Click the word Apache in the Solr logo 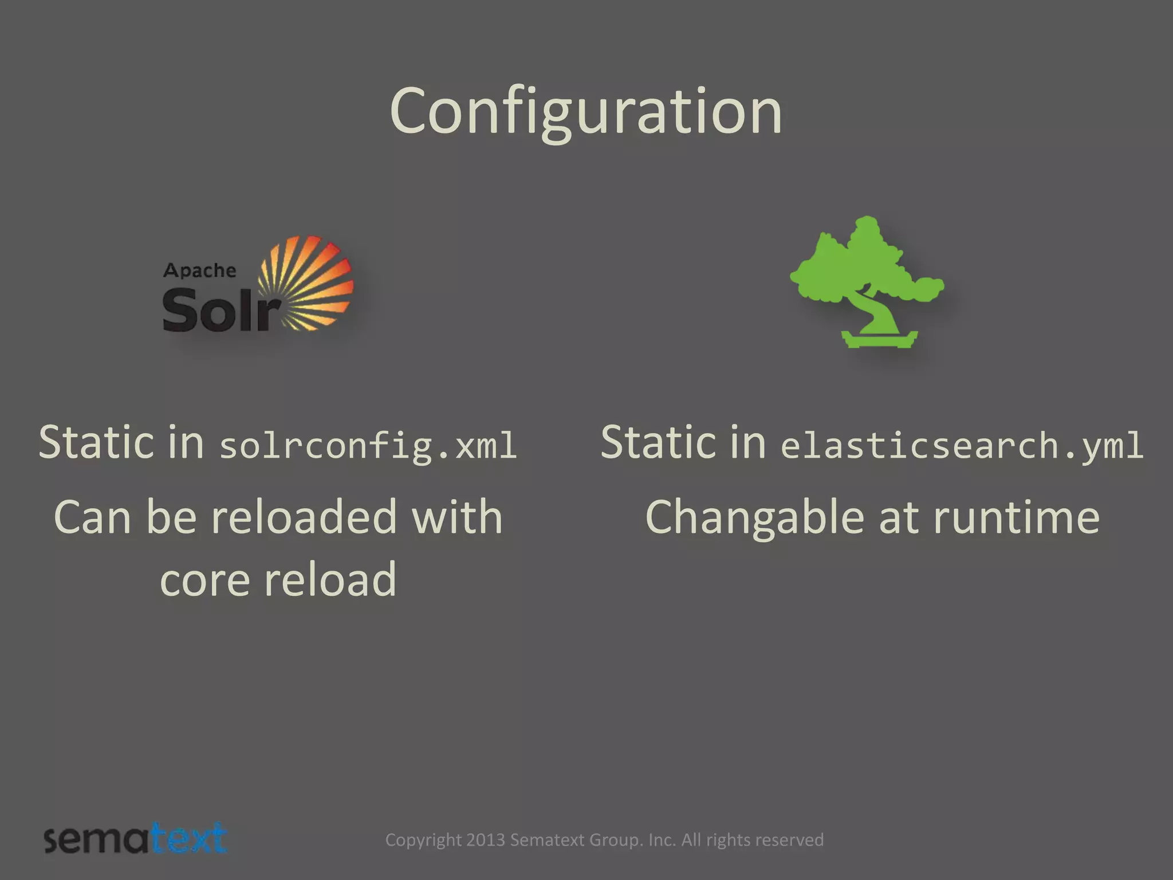[x=199, y=270]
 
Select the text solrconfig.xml [x=368, y=446]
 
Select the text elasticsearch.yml [x=962, y=446]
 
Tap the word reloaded [x=304, y=517]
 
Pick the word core [x=204, y=580]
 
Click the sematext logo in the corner [x=136, y=839]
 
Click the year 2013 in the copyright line [x=485, y=840]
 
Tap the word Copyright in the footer [x=423, y=840]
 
